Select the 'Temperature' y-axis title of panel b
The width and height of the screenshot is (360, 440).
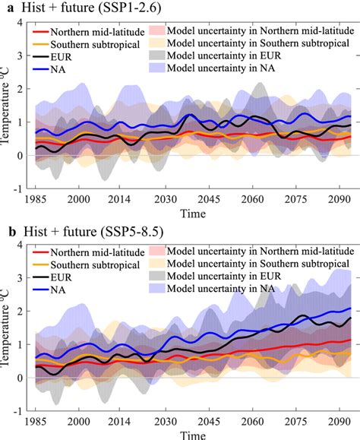coord(7,332)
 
